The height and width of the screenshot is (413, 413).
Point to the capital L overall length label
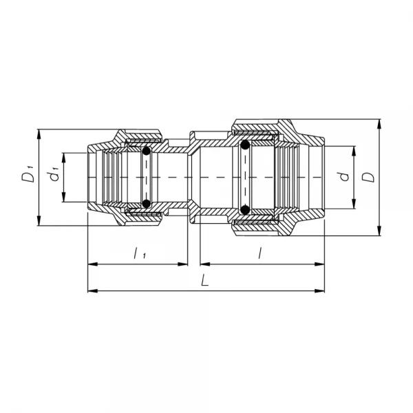(x=205, y=281)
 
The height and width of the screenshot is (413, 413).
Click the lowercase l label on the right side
(x=260, y=253)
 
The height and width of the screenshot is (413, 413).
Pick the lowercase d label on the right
(x=346, y=176)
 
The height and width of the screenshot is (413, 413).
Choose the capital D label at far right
(x=370, y=176)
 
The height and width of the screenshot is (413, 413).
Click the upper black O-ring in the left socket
(x=146, y=151)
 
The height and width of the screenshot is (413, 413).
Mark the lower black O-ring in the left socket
(x=146, y=203)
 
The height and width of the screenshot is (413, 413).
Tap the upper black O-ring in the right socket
(x=245, y=145)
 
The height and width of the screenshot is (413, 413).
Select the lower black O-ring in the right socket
(x=245, y=209)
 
